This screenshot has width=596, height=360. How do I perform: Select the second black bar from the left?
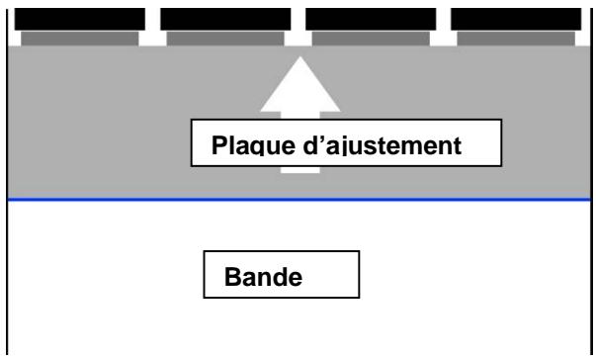[x=225, y=17]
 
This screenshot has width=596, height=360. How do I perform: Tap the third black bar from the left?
[x=371, y=17]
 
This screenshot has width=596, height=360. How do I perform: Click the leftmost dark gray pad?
[x=80, y=39]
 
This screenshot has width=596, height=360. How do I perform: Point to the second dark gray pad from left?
[x=225, y=39]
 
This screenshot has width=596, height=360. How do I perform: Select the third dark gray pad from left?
[x=371, y=39]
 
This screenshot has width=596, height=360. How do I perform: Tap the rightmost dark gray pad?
[x=516, y=39]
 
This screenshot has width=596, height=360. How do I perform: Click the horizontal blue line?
[x=297, y=200]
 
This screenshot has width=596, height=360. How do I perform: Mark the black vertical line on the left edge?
[x=8, y=277]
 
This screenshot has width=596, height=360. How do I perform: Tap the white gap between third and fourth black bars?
[x=444, y=20]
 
